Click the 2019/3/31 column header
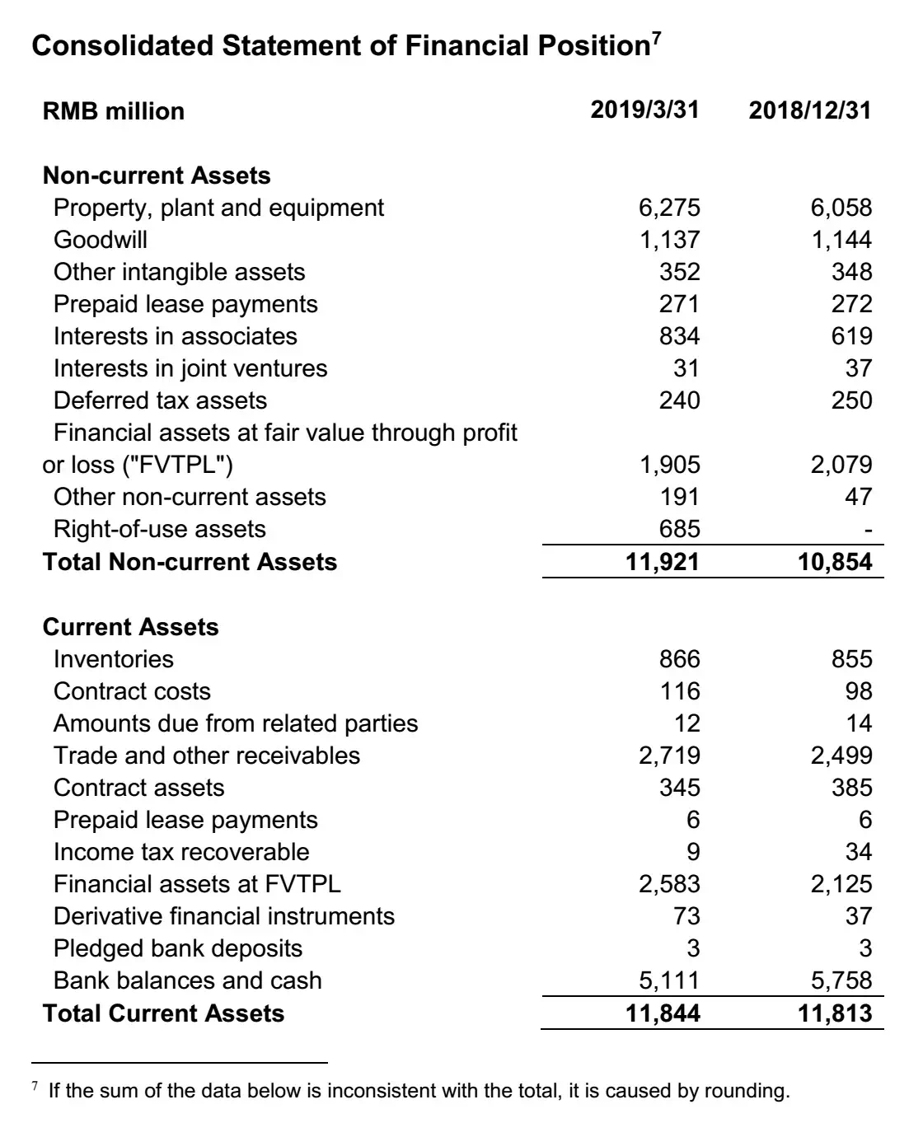(x=644, y=110)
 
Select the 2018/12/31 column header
(x=809, y=110)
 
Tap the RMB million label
(x=114, y=111)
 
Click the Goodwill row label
(x=101, y=240)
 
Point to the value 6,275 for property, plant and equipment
(x=669, y=208)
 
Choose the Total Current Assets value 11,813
(x=834, y=1013)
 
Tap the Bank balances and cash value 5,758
(x=841, y=980)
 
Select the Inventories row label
(x=114, y=659)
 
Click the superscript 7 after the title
(x=656, y=37)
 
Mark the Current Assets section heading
(x=130, y=627)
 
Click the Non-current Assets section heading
(x=157, y=175)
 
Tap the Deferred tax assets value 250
(x=851, y=400)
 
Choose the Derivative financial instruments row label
(x=224, y=916)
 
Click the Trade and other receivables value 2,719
(x=669, y=756)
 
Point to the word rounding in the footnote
(x=753, y=1092)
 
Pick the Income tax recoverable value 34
(x=858, y=852)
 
